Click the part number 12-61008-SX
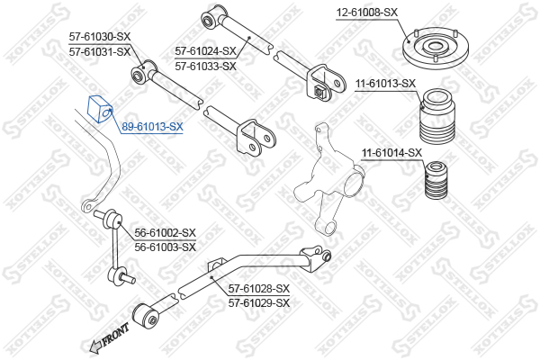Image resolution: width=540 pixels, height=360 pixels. coord(367,13)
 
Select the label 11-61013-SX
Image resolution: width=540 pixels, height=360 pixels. coord(386,84)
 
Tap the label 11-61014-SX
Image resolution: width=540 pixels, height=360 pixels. coord(391,153)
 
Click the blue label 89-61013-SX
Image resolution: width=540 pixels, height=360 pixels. coord(152,127)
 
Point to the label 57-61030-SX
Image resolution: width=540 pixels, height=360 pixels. coord(100,37)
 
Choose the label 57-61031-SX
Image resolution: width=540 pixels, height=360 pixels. coord(100,52)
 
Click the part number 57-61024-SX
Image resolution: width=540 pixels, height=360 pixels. coord(205,51)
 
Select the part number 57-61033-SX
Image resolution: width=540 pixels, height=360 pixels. coord(205,66)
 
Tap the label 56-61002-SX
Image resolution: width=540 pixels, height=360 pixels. coord(165,233)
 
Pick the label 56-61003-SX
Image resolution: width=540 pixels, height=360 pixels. coord(165,247)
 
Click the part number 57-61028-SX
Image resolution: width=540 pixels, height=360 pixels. coord(259,288)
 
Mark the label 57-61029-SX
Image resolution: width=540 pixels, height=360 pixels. coord(259,303)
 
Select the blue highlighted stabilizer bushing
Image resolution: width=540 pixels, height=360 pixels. coord(100,109)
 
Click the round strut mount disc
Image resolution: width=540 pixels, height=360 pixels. coord(436,49)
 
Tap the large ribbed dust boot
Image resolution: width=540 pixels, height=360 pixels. coord(437,116)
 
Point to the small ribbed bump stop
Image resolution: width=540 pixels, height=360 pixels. coord(436,180)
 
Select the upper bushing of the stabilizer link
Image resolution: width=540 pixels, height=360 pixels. coord(113,220)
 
